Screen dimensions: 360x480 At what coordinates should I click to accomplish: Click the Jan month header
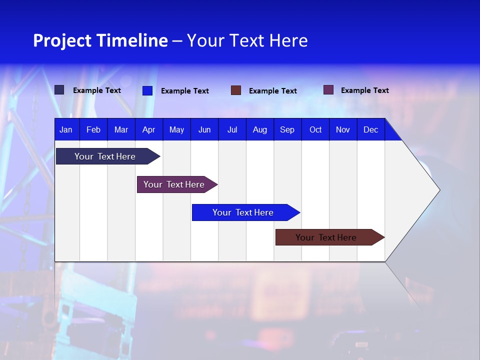(66, 130)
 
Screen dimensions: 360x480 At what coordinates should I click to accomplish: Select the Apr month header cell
(148, 130)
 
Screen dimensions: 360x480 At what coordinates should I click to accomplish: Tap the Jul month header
(232, 130)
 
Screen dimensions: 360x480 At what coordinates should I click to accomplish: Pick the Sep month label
(287, 130)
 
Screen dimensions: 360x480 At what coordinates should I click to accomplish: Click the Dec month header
(370, 130)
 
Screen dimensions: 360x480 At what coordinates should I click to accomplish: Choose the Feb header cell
(93, 130)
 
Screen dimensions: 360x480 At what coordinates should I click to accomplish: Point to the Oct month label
(315, 130)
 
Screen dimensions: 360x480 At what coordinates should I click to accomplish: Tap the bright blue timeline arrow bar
(243, 212)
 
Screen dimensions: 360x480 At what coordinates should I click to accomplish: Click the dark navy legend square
(59, 90)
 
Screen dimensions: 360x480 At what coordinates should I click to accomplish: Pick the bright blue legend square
(147, 90)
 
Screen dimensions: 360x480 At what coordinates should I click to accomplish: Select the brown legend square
(236, 90)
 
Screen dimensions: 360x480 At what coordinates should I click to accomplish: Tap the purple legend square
(328, 90)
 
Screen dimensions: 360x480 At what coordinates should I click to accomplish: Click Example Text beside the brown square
(273, 91)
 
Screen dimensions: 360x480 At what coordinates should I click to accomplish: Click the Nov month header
(343, 130)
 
